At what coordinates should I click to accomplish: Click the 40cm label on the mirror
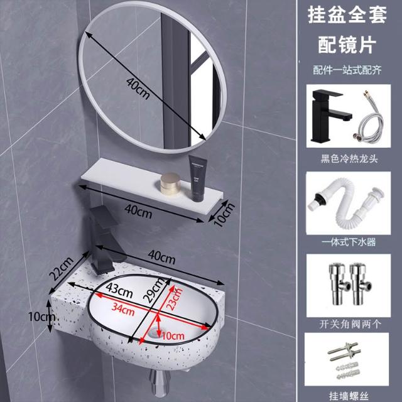[138, 89]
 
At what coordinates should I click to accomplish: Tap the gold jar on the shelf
[170, 183]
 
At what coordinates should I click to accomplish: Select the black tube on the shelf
[197, 178]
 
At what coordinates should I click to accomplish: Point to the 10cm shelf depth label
[225, 214]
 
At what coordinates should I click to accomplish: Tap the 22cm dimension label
[61, 268]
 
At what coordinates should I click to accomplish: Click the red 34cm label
[123, 309]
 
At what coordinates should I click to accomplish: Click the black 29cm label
[154, 290]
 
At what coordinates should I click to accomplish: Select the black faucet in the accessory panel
[330, 116]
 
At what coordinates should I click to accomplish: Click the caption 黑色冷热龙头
[349, 159]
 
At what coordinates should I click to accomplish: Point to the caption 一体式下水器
[349, 242]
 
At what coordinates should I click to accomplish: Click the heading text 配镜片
[347, 45]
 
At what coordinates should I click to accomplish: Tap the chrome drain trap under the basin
[159, 383]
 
